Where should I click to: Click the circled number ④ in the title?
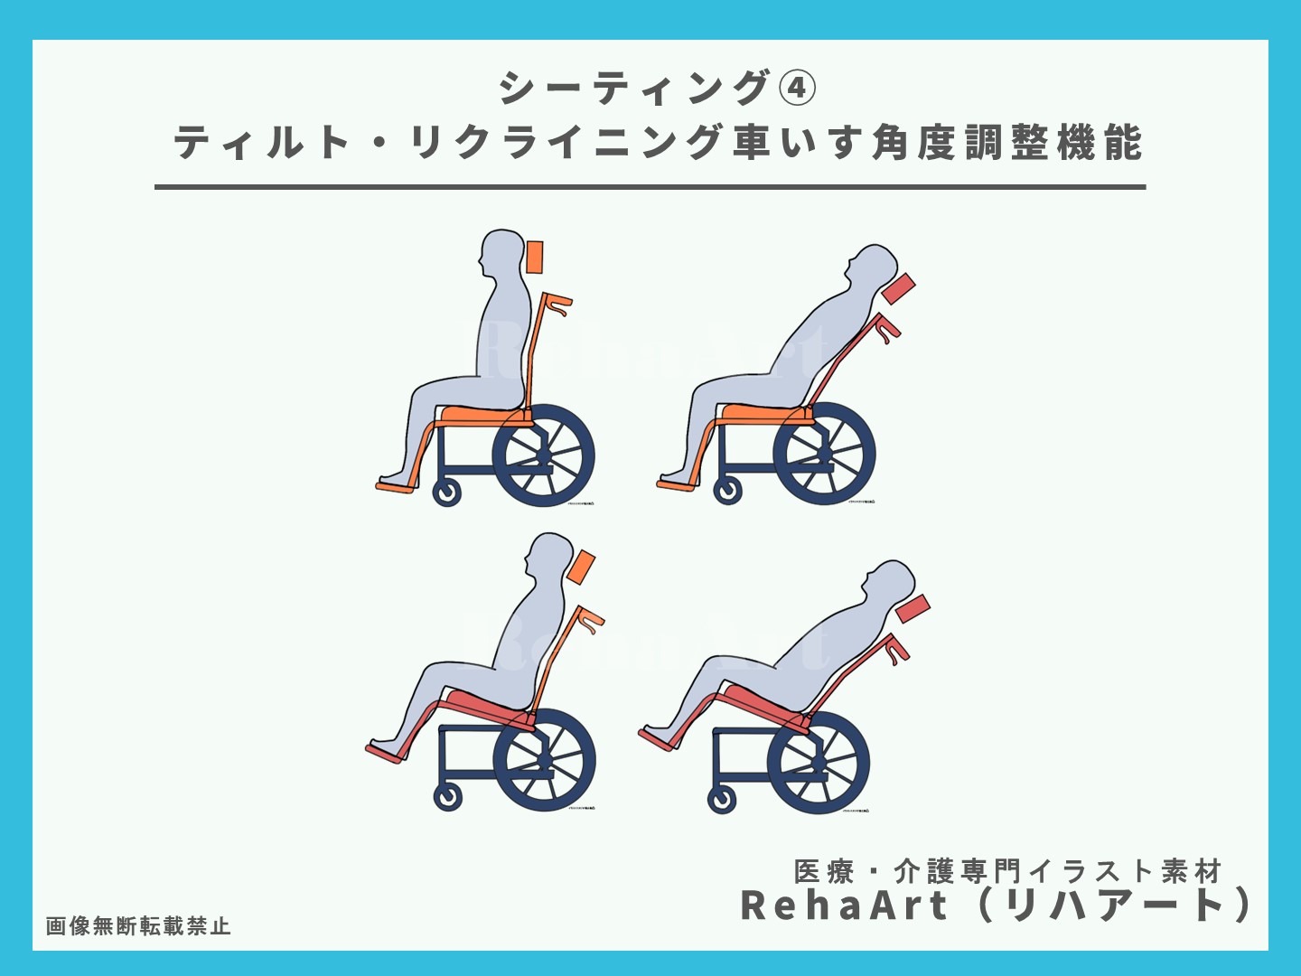796,89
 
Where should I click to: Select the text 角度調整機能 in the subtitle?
1007,144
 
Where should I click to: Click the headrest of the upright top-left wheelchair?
534,257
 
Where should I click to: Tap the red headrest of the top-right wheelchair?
898,290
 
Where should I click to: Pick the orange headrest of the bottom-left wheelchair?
581,567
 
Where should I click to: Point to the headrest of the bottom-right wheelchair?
913,608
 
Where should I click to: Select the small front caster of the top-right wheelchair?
727,491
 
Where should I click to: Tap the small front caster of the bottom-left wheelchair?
448,797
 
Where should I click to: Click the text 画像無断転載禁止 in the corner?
138,926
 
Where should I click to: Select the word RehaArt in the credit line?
844,906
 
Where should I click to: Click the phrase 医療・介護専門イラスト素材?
1007,871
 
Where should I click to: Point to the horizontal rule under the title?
650,187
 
